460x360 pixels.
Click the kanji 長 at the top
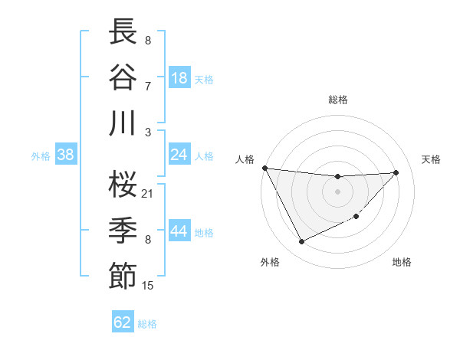(123, 32)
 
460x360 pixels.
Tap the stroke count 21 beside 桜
(148, 193)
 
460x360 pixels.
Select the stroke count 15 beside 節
(148, 286)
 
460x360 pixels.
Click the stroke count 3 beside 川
(147, 132)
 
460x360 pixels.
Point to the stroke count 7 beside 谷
(147, 85)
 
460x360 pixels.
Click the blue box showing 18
(179, 78)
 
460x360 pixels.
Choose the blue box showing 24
(179, 155)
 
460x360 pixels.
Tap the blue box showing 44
(179, 231)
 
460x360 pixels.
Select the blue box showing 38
(66, 155)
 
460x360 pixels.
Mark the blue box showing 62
(123, 322)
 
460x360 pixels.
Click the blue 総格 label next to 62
(147, 324)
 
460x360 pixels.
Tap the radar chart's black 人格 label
(245, 159)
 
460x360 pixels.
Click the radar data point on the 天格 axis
(396, 172)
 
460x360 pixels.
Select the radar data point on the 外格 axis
(301, 242)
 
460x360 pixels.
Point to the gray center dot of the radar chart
(337, 191)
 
